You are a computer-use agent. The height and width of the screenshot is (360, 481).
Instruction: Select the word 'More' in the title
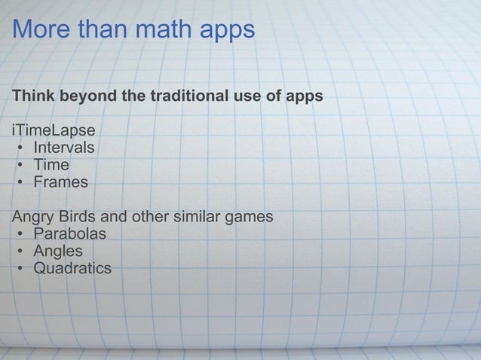click(39, 30)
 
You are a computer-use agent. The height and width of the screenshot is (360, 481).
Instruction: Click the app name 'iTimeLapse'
click(53, 130)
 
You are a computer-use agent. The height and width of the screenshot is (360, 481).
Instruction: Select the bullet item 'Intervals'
click(63, 147)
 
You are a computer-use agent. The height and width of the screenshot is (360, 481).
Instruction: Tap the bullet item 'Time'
click(51, 164)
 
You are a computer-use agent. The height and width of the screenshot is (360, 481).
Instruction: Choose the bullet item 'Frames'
click(60, 182)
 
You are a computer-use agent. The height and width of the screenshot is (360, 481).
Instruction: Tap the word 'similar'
click(196, 217)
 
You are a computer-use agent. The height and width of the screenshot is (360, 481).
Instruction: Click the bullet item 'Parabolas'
click(69, 233)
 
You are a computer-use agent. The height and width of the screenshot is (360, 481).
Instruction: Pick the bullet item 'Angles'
click(58, 252)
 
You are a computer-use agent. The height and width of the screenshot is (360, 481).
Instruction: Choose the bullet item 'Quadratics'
click(72, 268)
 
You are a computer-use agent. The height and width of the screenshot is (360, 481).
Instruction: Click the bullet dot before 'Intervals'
click(20, 148)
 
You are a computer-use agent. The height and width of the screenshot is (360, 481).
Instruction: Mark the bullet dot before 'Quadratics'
click(20, 269)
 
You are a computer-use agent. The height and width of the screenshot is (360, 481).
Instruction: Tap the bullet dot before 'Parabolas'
click(20, 234)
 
